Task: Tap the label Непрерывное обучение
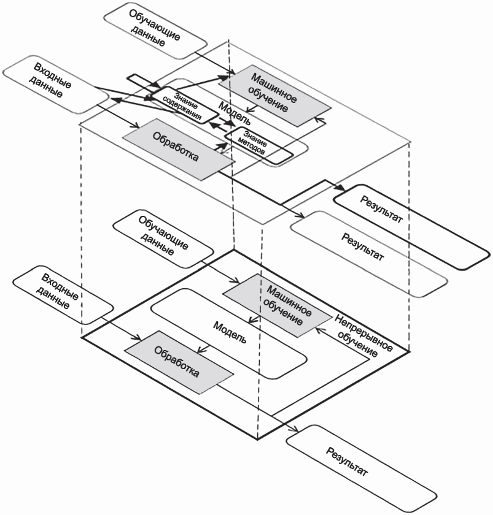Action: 364,335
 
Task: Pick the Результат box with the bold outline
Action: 411,224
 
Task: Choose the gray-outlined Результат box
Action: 368,253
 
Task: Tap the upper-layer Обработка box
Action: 179,150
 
